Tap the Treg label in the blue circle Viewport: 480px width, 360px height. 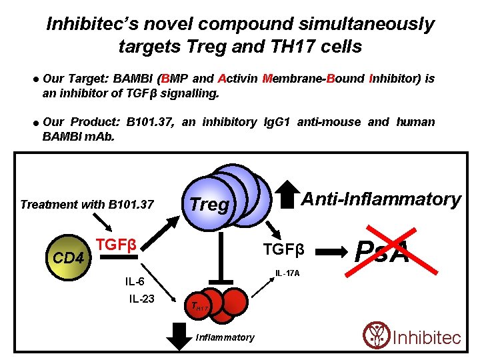(x=209, y=205)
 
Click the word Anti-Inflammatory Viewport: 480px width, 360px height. (x=381, y=199)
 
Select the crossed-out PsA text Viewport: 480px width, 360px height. (x=383, y=252)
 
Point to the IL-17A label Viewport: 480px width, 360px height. (x=288, y=273)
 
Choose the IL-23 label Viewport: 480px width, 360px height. (x=142, y=298)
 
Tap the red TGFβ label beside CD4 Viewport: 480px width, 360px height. (x=116, y=245)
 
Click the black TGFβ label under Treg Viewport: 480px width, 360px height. (x=283, y=250)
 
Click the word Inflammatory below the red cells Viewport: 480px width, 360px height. (x=225, y=337)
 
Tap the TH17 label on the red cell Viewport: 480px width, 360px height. (x=199, y=307)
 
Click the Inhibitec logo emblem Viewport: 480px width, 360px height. (x=377, y=335)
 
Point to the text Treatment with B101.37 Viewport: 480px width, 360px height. (x=87, y=204)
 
